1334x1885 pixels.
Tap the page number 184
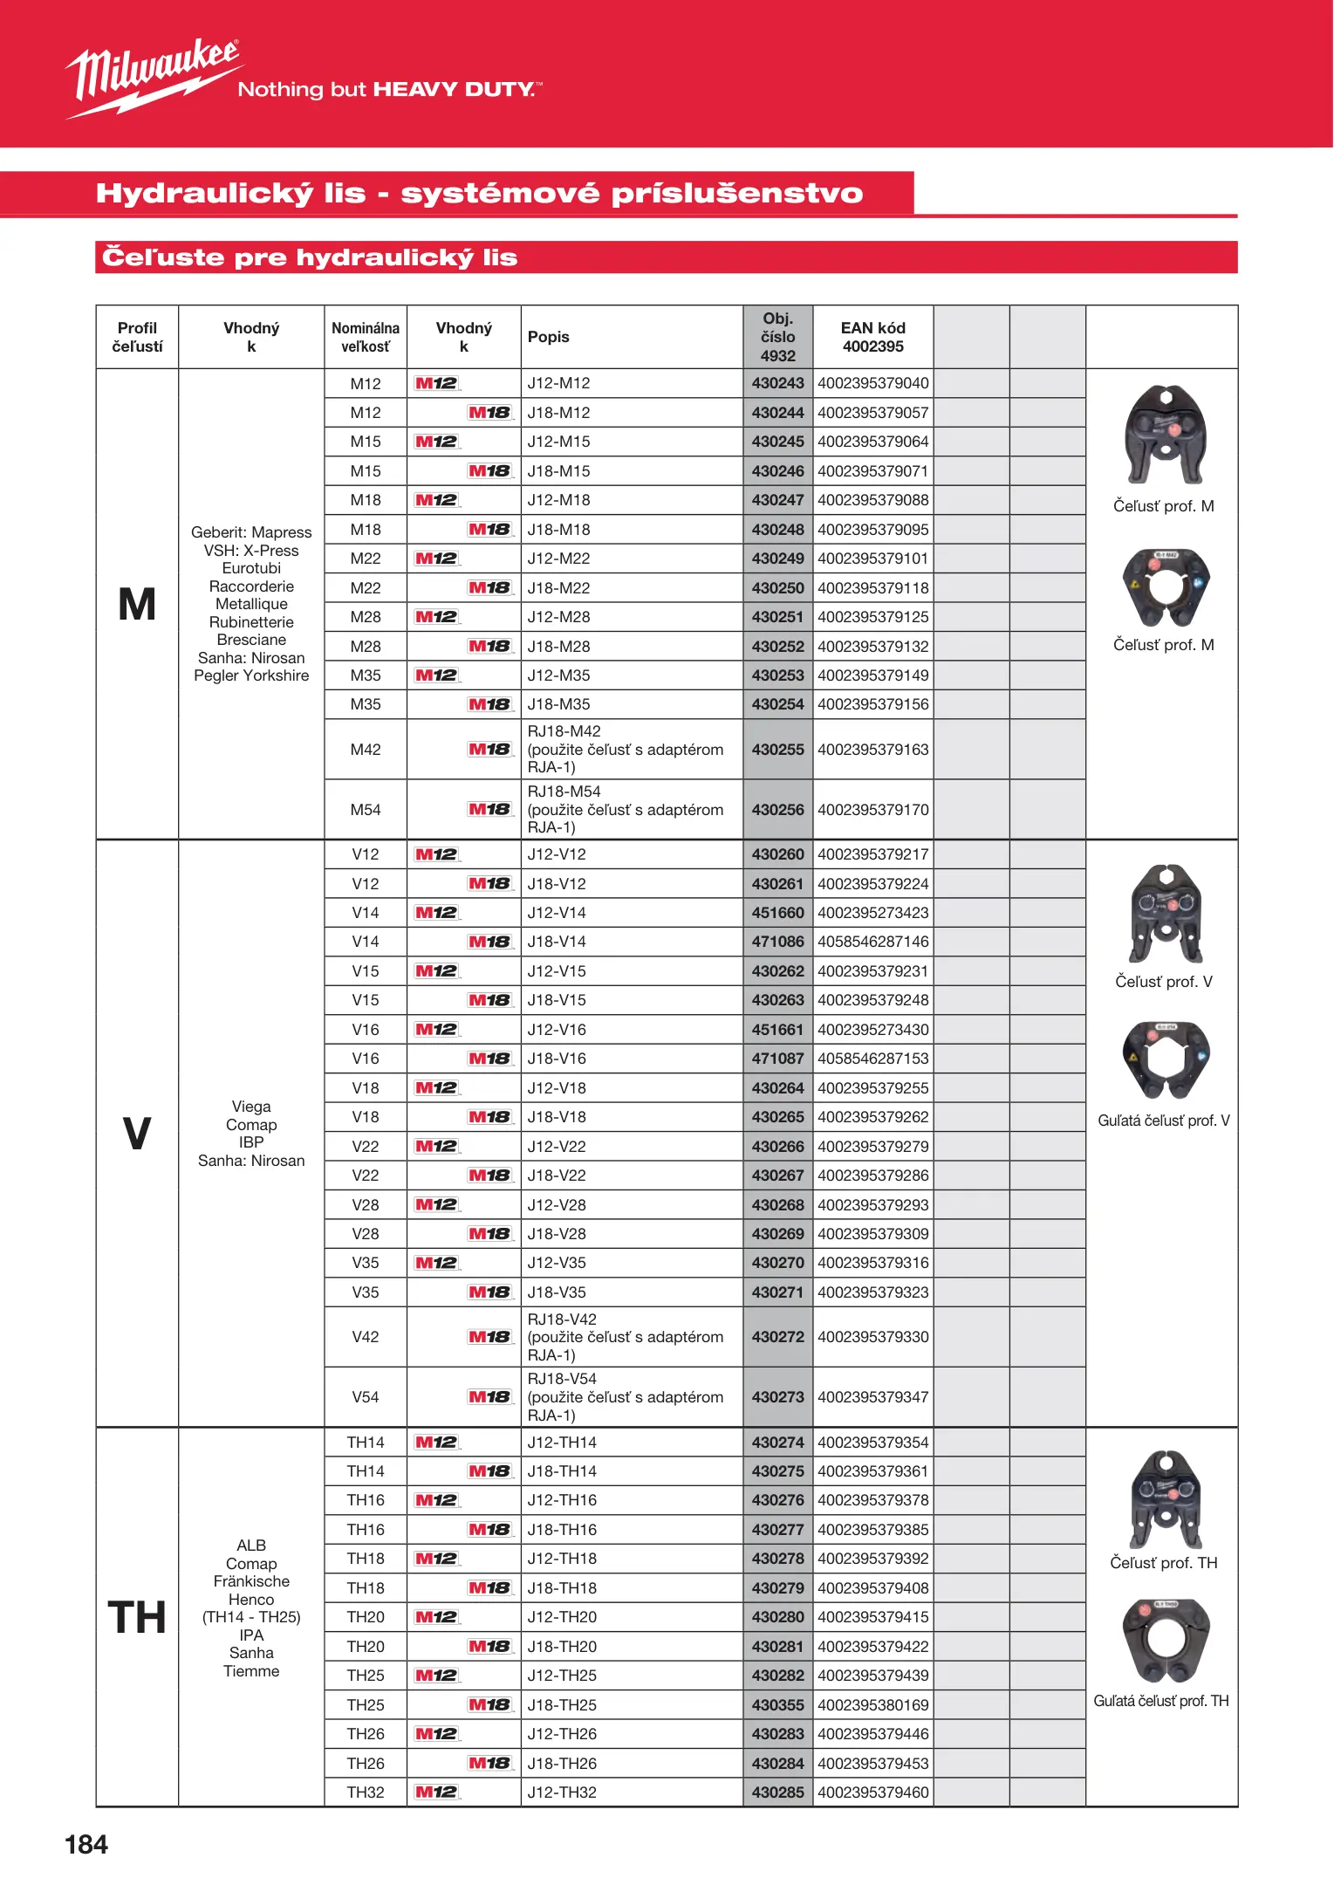click(x=86, y=1844)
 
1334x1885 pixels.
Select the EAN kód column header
click(x=872, y=337)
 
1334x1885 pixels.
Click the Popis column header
click(x=548, y=337)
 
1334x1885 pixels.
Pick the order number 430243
click(x=777, y=383)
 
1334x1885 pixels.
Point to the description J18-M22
click(x=558, y=588)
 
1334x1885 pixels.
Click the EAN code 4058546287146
click(x=872, y=942)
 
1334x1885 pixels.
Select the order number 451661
click(x=777, y=1030)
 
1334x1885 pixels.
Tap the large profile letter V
click(x=137, y=1134)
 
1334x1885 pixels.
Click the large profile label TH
click(x=137, y=1617)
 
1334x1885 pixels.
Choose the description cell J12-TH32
click(x=562, y=1792)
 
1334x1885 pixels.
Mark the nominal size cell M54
click(x=366, y=810)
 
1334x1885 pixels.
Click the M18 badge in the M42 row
click(x=489, y=750)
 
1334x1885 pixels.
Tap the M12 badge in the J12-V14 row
click(x=436, y=913)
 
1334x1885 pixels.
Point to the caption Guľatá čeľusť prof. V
click(x=1163, y=1121)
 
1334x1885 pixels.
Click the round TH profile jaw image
click(x=1166, y=1641)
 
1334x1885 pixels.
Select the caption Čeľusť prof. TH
click(x=1163, y=1563)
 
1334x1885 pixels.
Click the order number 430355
click(x=777, y=1705)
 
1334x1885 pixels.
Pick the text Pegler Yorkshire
click(x=251, y=675)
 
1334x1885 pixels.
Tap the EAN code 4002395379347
click(x=872, y=1397)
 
